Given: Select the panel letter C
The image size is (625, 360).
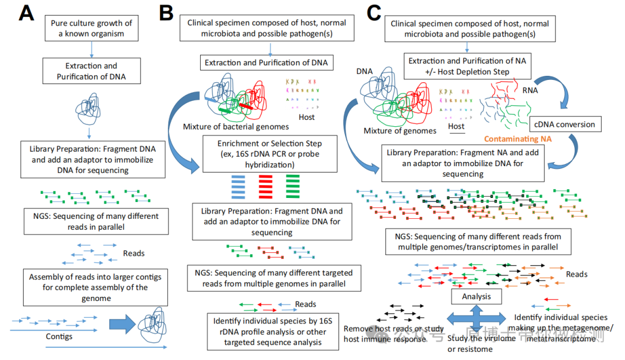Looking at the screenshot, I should [x=374, y=13].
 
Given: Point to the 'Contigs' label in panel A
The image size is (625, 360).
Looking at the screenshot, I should [x=60, y=335].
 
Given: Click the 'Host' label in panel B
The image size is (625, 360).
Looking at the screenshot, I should [x=307, y=117].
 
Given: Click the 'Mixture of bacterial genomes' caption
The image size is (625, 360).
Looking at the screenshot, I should [x=236, y=126].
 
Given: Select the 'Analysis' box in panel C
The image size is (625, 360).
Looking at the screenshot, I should [x=476, y=296].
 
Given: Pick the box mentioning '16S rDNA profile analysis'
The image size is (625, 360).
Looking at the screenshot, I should [x=273, y=332].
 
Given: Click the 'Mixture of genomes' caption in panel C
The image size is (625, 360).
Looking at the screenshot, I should [x=400, y=130].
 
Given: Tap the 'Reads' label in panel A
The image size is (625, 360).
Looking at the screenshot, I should [x=134, y=253].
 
